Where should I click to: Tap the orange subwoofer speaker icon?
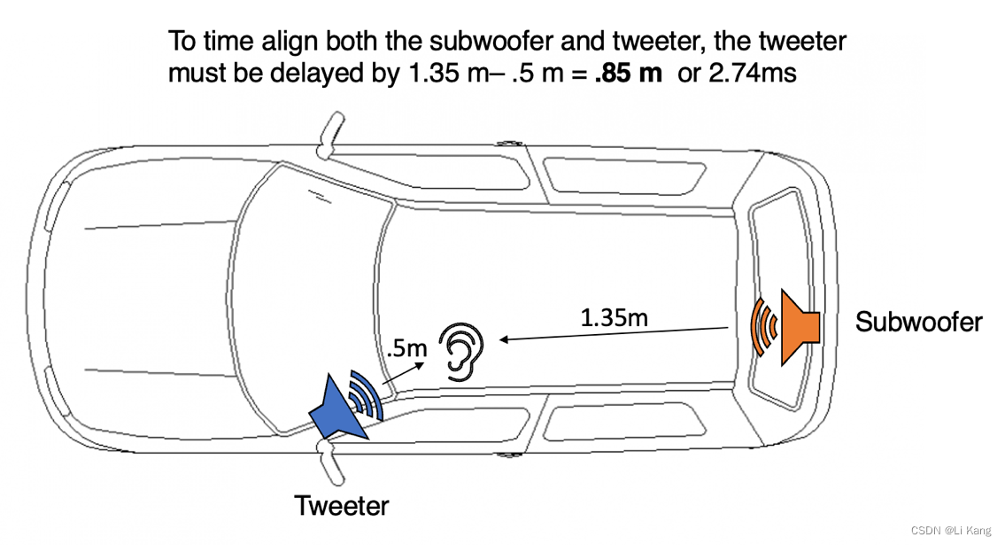(x=799, y=328)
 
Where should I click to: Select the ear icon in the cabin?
(x=460, y=352)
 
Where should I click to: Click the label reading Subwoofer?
(x=918, y=322)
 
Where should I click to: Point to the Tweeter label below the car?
(x=342, y=506)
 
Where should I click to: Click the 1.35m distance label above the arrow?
(x=614, y=317)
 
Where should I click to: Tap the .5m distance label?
(x=407, y=348)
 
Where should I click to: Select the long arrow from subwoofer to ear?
(x=614, y=333)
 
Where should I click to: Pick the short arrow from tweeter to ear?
(x=403, y=374)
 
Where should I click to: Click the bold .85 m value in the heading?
(x=628, y=73)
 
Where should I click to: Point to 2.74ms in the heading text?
(x=753, y=73)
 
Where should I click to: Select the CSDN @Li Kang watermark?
(x=951, y=530)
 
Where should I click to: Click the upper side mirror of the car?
(x=331, y=136)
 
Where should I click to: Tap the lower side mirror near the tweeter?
(x=331, y=462)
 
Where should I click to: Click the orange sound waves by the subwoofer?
(x=763, y=327)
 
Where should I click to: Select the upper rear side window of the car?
(x=625, y=175)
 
